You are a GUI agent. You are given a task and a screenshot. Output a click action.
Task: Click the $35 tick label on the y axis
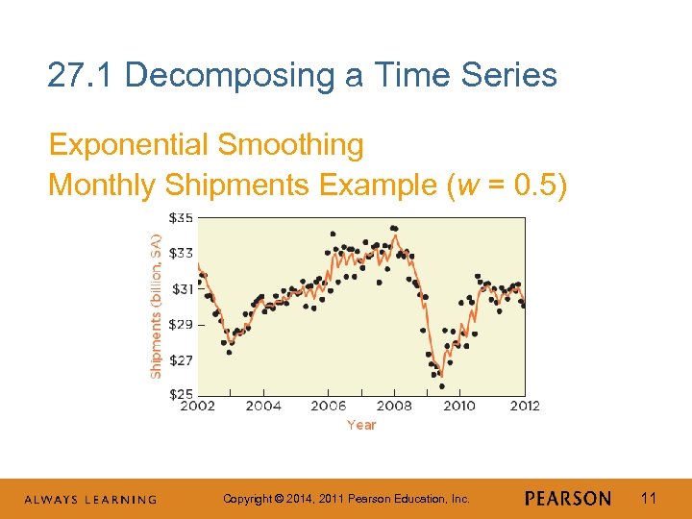181,218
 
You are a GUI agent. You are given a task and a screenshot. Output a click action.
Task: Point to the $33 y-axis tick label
181,254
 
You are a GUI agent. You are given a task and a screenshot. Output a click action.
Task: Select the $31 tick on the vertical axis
181,288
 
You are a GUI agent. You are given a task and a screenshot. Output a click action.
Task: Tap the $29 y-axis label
181,324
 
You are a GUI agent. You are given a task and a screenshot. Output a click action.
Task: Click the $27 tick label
181,359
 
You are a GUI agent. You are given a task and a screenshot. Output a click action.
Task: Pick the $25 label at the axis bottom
181,394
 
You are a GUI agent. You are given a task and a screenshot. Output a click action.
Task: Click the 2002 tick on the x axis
198,406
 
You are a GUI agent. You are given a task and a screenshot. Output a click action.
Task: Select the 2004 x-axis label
263,406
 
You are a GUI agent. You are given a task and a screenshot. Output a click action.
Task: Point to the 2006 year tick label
329,406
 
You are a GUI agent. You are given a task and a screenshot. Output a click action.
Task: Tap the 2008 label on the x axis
394,406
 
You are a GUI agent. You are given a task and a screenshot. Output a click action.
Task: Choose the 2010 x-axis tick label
459,406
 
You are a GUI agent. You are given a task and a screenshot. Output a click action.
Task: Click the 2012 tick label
524,406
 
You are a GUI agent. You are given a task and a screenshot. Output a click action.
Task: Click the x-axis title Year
361,425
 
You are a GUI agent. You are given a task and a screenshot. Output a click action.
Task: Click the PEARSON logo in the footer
568,498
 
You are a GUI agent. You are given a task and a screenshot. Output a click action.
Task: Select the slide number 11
648,498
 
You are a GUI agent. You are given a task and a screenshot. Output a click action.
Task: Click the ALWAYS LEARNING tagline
90,499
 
